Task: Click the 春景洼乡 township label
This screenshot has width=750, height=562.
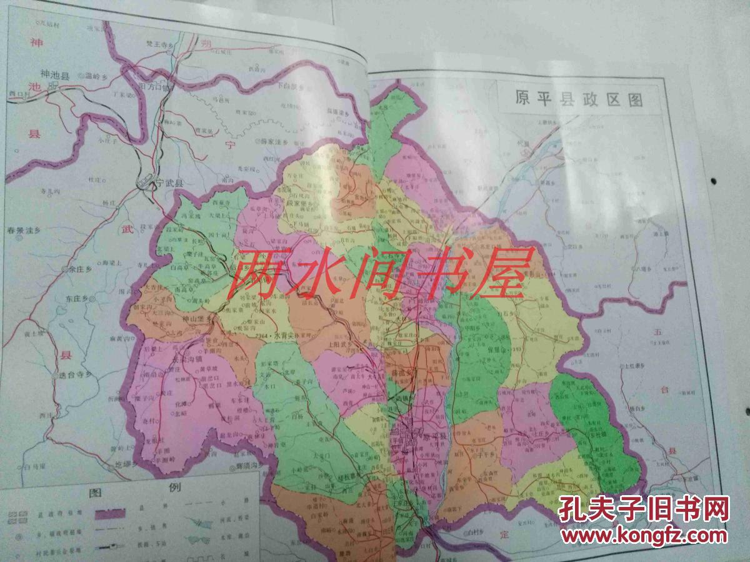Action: pos(24,231)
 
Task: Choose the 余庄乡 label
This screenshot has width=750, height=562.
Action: pos(81,269)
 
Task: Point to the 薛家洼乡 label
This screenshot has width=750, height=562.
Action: pos(274,143)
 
